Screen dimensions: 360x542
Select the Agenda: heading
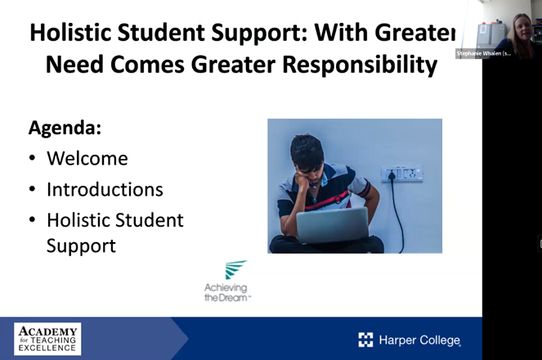[x=65, y=128]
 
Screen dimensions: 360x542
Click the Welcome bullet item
[x=87, y=158]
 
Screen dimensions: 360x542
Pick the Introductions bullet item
[x=105, y=189]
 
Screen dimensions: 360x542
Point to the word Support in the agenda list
[x=81, y=245]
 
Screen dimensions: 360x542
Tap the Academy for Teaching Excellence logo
[x=47, y=338]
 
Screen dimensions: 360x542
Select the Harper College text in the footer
[x=419, y=340]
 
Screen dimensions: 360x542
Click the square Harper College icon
[x=365, y=340]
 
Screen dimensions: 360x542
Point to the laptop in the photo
[x=332, y=227]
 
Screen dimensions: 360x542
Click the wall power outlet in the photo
[x=402, y=173]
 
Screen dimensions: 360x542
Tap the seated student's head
[x=309, y=155]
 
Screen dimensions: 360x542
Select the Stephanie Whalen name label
[x=484, y=54]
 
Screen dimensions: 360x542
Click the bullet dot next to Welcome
[x=31, y=159]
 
